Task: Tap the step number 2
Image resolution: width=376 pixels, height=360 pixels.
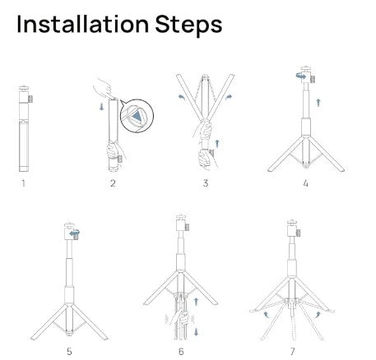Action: [x=112, y=183]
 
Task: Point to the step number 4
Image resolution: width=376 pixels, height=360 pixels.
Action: [x=305, y=183]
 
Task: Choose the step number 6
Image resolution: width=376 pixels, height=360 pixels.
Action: [x=181, y=351]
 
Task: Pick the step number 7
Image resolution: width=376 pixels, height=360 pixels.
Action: [x=292, y=351]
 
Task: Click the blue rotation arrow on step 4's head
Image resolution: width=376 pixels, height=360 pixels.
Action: [x=297, y=76]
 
